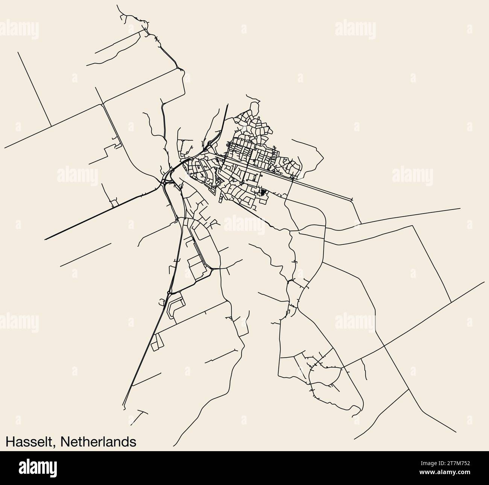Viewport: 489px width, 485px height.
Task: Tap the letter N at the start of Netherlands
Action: pyautogui.click(x=63, y=441)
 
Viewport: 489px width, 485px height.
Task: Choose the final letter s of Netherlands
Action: pyautogui.click(x=133, y=442)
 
